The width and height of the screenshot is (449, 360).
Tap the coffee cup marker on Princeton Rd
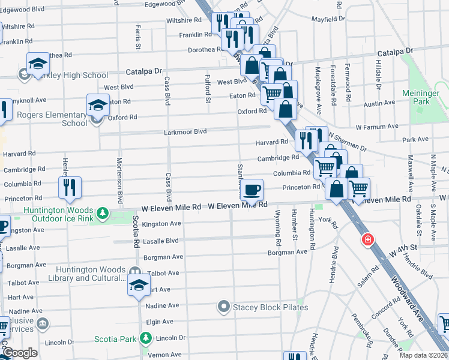(252, 190)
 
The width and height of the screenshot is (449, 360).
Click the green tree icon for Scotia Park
(145, 339)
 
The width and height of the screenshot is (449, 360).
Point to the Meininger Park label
(424, 97)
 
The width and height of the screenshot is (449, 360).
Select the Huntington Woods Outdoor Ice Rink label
(58, 215)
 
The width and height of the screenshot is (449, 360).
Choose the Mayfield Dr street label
(328, 19)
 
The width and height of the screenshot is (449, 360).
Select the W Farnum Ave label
(376, 127)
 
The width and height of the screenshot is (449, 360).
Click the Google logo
(20, 353)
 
